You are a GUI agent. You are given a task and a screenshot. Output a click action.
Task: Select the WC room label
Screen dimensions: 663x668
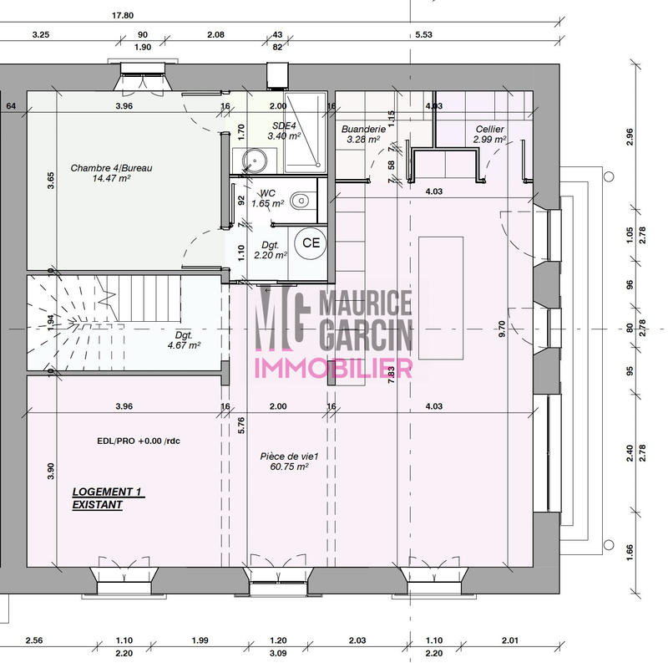(267, 192)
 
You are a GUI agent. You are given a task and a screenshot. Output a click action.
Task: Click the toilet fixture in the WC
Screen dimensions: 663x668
(306, 199)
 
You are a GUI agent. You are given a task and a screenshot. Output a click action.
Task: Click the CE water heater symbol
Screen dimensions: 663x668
(311, 243)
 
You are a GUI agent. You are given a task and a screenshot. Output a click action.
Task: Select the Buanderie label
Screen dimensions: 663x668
(363, 130)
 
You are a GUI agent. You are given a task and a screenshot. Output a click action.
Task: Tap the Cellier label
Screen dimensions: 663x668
(489, 130)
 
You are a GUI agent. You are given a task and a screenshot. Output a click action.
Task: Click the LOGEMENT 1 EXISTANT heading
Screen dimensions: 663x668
(108, 499)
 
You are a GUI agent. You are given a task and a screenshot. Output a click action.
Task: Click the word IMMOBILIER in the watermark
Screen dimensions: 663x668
(332, 368)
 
